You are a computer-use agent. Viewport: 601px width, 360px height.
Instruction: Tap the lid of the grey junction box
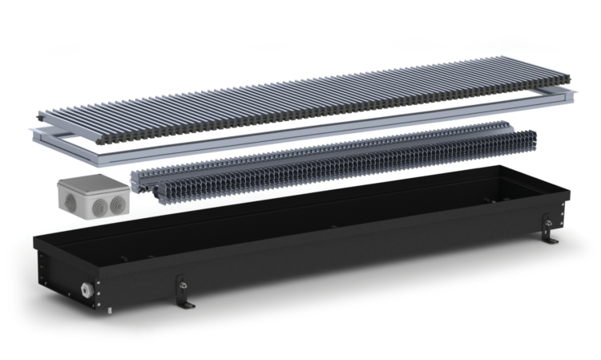(91, 181)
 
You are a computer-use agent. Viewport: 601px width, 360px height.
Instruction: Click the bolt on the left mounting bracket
(182, 282)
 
